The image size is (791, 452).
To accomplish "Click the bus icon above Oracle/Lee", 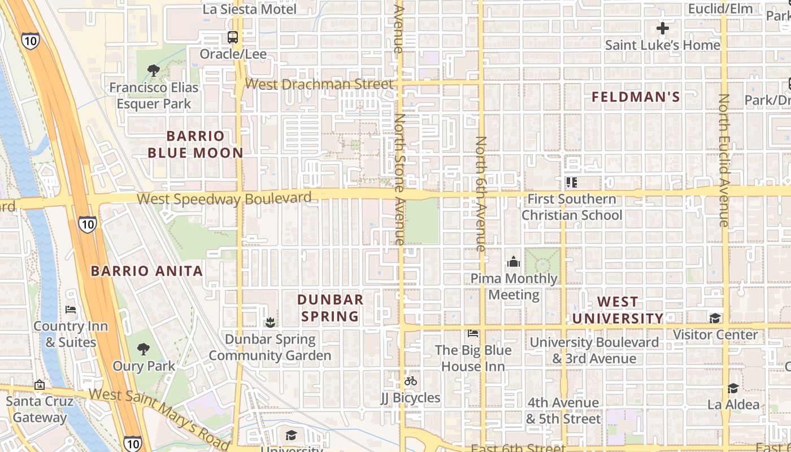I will (232, 37).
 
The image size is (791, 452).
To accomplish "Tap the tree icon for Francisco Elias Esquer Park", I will (153, 71).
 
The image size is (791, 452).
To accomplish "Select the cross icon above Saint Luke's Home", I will (663, 28).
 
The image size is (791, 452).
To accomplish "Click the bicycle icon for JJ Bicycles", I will (411, 381).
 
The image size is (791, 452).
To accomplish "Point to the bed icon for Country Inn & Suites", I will (71, 310).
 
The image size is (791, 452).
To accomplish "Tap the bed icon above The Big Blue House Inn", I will (473, 333).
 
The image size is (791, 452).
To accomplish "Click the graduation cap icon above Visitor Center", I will (715, 318).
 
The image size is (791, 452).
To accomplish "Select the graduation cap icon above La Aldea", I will (733, 388).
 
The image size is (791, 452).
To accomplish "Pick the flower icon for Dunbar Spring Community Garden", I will (270, 323).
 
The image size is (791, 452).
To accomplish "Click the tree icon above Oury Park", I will (144, 349).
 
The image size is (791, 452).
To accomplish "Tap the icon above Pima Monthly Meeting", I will (514, 262).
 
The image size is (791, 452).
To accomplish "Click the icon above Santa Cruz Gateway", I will (39, 385).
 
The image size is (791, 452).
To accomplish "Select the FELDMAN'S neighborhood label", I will (636, 97).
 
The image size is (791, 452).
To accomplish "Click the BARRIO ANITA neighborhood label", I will (147, 271).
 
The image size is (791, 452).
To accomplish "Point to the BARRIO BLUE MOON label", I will (195, 144).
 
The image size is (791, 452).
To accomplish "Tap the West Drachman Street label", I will (319, 84).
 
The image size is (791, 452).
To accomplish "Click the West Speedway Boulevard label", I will (224, 199).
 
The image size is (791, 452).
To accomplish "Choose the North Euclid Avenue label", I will (724, 160).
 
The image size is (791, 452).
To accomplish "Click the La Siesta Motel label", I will (250, 9).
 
